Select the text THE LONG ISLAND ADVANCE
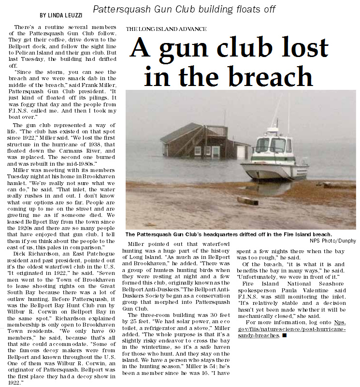tap(166, 29)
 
